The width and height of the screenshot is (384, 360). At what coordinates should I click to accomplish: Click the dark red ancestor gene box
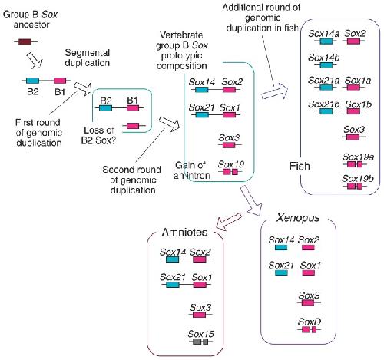click(x=25, y=41)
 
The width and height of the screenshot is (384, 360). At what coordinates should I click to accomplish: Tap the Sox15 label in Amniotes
click(x=200, y=334)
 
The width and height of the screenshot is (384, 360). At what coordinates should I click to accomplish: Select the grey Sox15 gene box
click(x=200, y=342)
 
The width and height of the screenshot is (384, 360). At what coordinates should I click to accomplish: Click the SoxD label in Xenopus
click(x=310, y=322)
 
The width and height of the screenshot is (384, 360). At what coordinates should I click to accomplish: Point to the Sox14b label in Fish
click(x=324, y=58)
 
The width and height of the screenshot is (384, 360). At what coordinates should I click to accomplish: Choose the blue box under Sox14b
click(x=326, y=65)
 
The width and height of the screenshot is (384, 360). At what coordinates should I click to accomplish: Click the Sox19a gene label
click(x=358, y=157)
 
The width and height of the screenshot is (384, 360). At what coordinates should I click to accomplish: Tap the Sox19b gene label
click(x=358, y=178)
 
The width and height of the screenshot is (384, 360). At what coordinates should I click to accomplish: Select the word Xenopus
click(x=298, y=218)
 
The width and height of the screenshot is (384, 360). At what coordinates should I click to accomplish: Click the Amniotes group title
click(x=184, y=232)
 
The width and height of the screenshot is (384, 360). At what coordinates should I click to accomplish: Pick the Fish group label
click(x=300, y=166)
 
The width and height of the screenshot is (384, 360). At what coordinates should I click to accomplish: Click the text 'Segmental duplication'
click(x=88, y=58)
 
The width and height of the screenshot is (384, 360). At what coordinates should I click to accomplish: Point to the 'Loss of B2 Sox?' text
click(x=98, y=135)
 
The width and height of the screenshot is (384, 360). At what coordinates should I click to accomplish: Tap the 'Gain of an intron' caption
click(x=191, y=170)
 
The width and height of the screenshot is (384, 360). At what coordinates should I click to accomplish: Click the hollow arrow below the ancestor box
click(x=35, y=60)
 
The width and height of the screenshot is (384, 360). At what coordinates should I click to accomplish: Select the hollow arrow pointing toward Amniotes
click(x=228, y=221)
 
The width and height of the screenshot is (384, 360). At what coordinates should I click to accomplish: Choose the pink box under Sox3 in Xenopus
click(x=308, y=303)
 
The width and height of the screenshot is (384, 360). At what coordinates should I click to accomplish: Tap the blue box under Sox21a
click(x=326, y=88)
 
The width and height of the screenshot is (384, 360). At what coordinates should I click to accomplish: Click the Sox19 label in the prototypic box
click(x=231, y=164)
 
